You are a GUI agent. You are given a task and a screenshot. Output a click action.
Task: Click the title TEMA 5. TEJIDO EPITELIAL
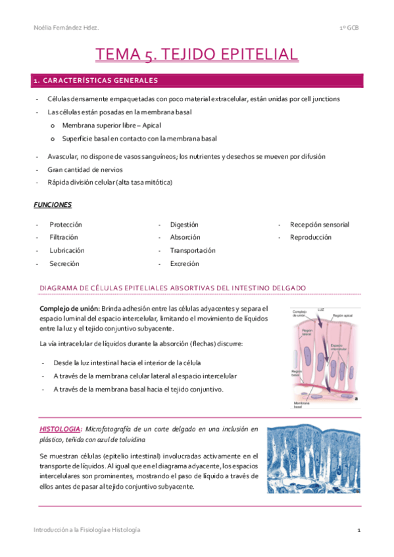197,54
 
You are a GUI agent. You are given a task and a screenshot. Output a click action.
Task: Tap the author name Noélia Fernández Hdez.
66,28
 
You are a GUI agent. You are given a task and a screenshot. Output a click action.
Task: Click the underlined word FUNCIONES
53,205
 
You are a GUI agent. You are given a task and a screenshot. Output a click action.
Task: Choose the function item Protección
66,225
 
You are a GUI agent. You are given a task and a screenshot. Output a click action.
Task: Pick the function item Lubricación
66,250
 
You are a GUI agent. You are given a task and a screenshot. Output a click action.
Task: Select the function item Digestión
184,225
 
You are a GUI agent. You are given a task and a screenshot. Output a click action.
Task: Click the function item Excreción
185,263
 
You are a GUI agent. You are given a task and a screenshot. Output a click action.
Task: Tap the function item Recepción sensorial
320,225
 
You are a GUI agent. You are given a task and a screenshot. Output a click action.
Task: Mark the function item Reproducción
310,237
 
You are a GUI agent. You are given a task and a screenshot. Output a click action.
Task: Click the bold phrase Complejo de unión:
70,309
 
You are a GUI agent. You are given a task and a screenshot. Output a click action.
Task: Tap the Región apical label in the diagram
344,316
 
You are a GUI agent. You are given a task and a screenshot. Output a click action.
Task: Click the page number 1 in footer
359,529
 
